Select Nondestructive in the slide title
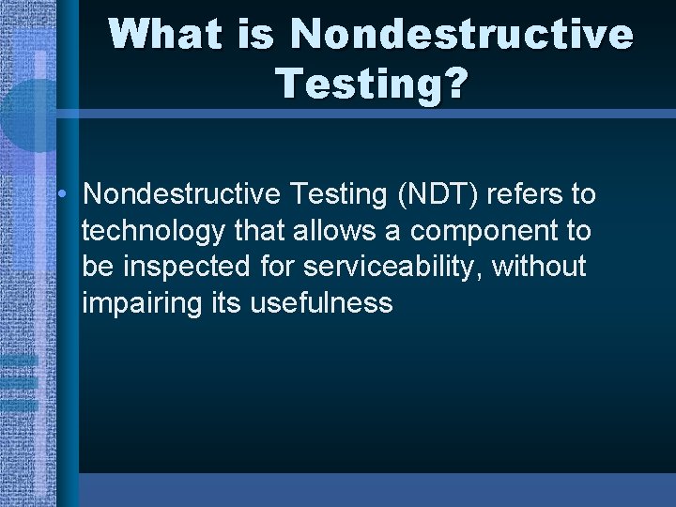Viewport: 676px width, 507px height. point(462,35)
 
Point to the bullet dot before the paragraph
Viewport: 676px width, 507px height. point(60,194)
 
